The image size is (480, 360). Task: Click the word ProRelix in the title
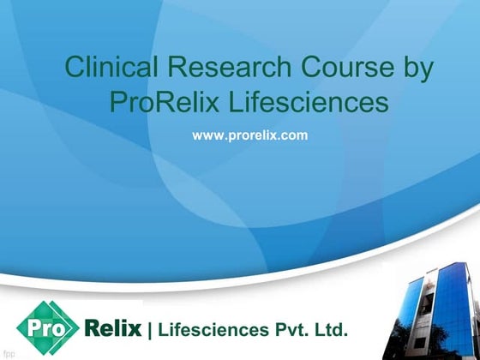pos(160,103)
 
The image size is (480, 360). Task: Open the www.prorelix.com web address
pos(249,135)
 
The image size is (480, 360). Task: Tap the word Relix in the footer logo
pos(113,327)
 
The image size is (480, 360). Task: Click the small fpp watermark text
pos(9,353)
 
